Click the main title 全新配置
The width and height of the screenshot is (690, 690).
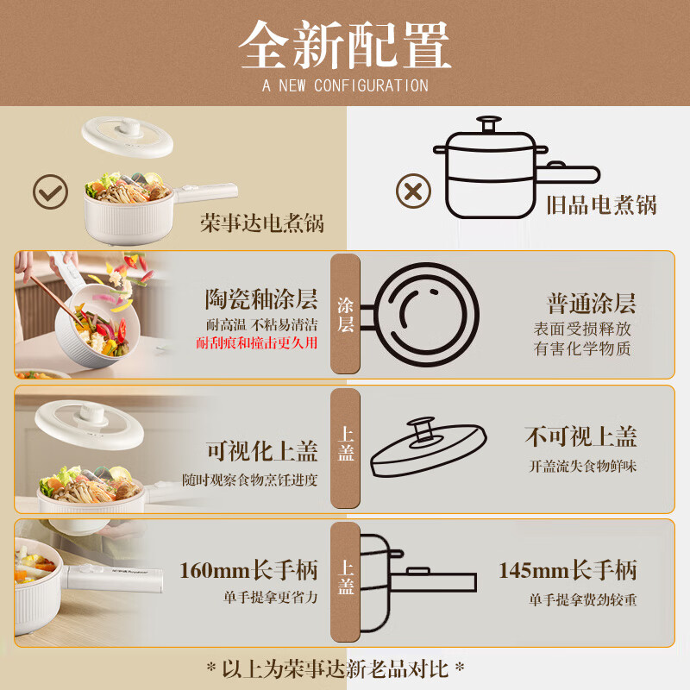click(x=345, y=44)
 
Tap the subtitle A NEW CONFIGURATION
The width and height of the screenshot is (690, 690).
click(x=345, y=85)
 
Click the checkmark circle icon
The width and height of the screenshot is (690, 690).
click(x=50, y=191)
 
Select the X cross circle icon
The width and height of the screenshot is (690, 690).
click(x=413, y=191)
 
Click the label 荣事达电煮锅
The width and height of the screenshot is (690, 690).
click(x=261, y=224)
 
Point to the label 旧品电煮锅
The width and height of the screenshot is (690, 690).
click(x=601, y=205)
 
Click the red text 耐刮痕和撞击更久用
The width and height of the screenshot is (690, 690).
click(x=255, y=343)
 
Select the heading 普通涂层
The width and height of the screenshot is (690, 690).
click(x=591, y=304)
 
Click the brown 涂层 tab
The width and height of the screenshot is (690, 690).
click(x=345, y=314)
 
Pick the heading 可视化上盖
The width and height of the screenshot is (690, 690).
click(x=261, y=451)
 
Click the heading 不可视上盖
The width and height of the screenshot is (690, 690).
click(x=580, y=436)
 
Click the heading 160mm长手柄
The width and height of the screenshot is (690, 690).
click(x=248, y=570)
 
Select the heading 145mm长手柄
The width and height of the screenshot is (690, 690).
click(x=568, y=570)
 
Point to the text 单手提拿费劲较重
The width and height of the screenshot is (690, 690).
click(x=582, y=600)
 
